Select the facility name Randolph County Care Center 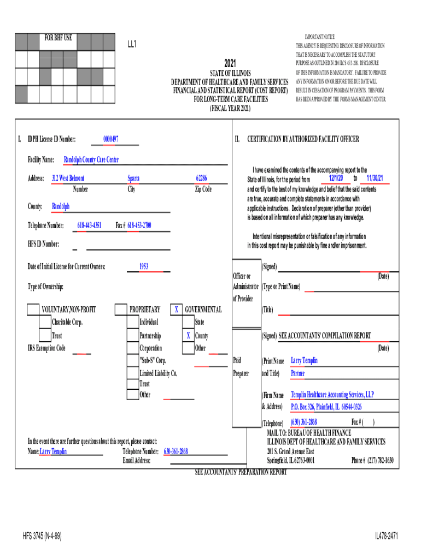click(x=91, y=160)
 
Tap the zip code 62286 click(x=202, y=179)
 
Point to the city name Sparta click(x=133, y=179)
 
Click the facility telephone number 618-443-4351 click(x=89, y=225)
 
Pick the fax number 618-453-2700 click(x=139, y=225)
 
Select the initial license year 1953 click(x=144, y=267)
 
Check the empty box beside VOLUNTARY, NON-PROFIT click(x=33, y=310)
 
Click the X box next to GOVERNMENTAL click(x=176, y=310)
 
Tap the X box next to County click(x=188, y=336)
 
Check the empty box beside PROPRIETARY click(x=120, y=310)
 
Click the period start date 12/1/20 click(x=336, y=179)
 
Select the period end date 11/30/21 click(x=375, y=179)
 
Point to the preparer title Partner click(x=298, y=374)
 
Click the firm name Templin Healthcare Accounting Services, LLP click(x=332, y=395)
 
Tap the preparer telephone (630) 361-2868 click(x=303, y=422)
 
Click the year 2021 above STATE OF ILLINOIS click(x=230, y=63)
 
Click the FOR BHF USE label click(x=58, y=38)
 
